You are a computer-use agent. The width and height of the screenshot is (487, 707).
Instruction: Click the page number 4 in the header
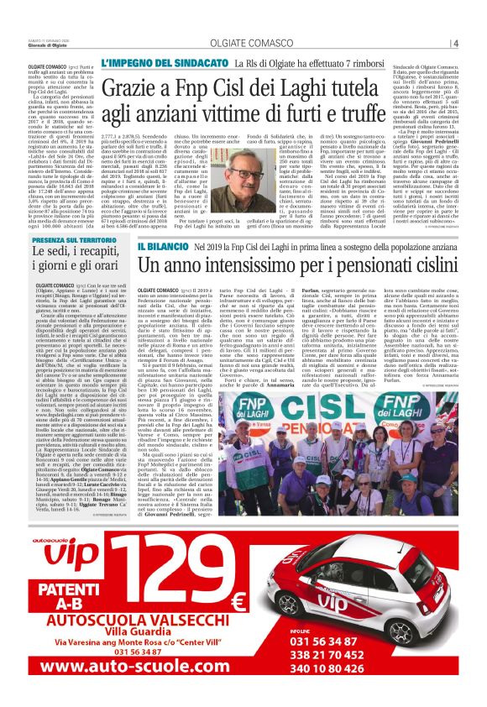[x=454, y=44]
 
